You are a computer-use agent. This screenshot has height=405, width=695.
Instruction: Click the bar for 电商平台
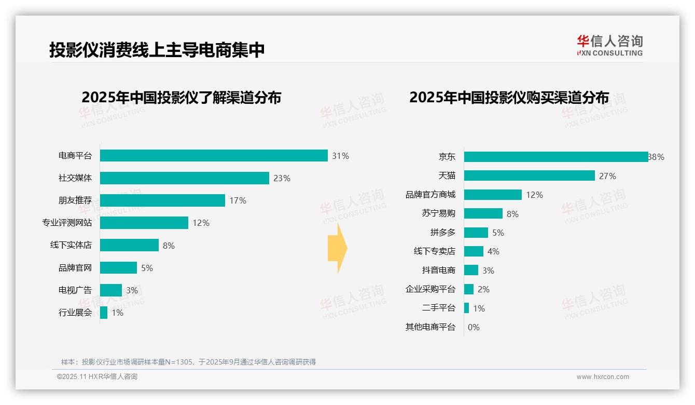(x=214, y=156)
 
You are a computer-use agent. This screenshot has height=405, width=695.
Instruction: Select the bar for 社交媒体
(x=184, y=178)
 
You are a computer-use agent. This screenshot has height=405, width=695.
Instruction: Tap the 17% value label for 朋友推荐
(x=238, y=200)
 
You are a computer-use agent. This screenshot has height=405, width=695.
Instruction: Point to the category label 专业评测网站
(x=67, y=223)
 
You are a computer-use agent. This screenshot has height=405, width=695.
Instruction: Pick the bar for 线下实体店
(x=129, y=245)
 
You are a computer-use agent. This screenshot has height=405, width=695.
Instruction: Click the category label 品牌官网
(x=75, y=268)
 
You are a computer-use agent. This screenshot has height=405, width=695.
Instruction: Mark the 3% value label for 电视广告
(x=132, y=290)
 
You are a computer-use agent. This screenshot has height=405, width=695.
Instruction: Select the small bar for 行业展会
(x=104, y=313)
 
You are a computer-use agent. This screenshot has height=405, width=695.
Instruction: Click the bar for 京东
(x=555, y=157)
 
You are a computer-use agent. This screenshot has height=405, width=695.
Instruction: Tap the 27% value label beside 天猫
(x=607, y=176)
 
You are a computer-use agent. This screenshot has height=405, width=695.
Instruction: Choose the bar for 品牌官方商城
(x=493, y=195)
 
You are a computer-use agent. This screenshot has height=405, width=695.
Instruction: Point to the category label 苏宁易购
(x=438, y=213)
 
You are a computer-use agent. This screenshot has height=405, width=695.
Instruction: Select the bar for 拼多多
(x=476, y=233)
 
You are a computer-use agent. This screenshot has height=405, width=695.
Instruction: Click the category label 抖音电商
(x=438, y=270)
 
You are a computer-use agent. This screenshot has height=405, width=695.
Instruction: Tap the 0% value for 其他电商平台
(x=474, y=327)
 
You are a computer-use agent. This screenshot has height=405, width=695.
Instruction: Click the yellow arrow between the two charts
(x=337, y=248)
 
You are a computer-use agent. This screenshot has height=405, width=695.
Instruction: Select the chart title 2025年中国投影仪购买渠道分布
(x=509, y=98)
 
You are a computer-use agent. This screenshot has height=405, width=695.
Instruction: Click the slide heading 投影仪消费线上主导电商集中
(x=157, y=50)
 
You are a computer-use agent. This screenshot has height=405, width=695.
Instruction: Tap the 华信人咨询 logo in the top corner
(x=609, y=45)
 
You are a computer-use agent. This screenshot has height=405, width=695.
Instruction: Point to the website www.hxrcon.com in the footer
(x=603, y=377)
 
